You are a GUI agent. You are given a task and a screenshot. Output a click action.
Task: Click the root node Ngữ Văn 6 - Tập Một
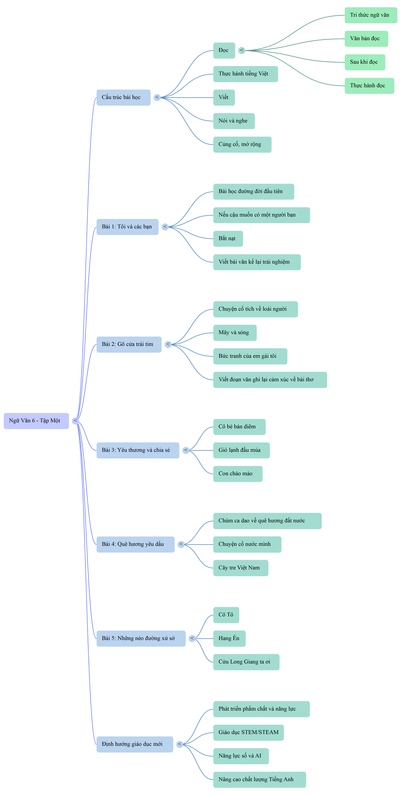[36, 421]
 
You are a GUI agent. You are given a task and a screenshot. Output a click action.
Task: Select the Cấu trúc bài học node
[123, 98]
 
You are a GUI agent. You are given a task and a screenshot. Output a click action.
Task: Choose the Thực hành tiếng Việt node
[245, 74]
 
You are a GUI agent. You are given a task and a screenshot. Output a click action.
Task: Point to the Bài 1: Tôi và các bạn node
[127, 227]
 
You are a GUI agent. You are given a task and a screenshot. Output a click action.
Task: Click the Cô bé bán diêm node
[239, 427]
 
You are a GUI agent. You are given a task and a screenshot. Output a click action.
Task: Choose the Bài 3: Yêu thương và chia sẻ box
[138, 450]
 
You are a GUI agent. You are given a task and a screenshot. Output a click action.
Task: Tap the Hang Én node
[229, 639]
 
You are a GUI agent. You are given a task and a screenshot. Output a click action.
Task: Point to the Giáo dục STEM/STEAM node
[249, 733]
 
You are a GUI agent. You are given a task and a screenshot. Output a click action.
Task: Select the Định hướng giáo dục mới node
[135, 744]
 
